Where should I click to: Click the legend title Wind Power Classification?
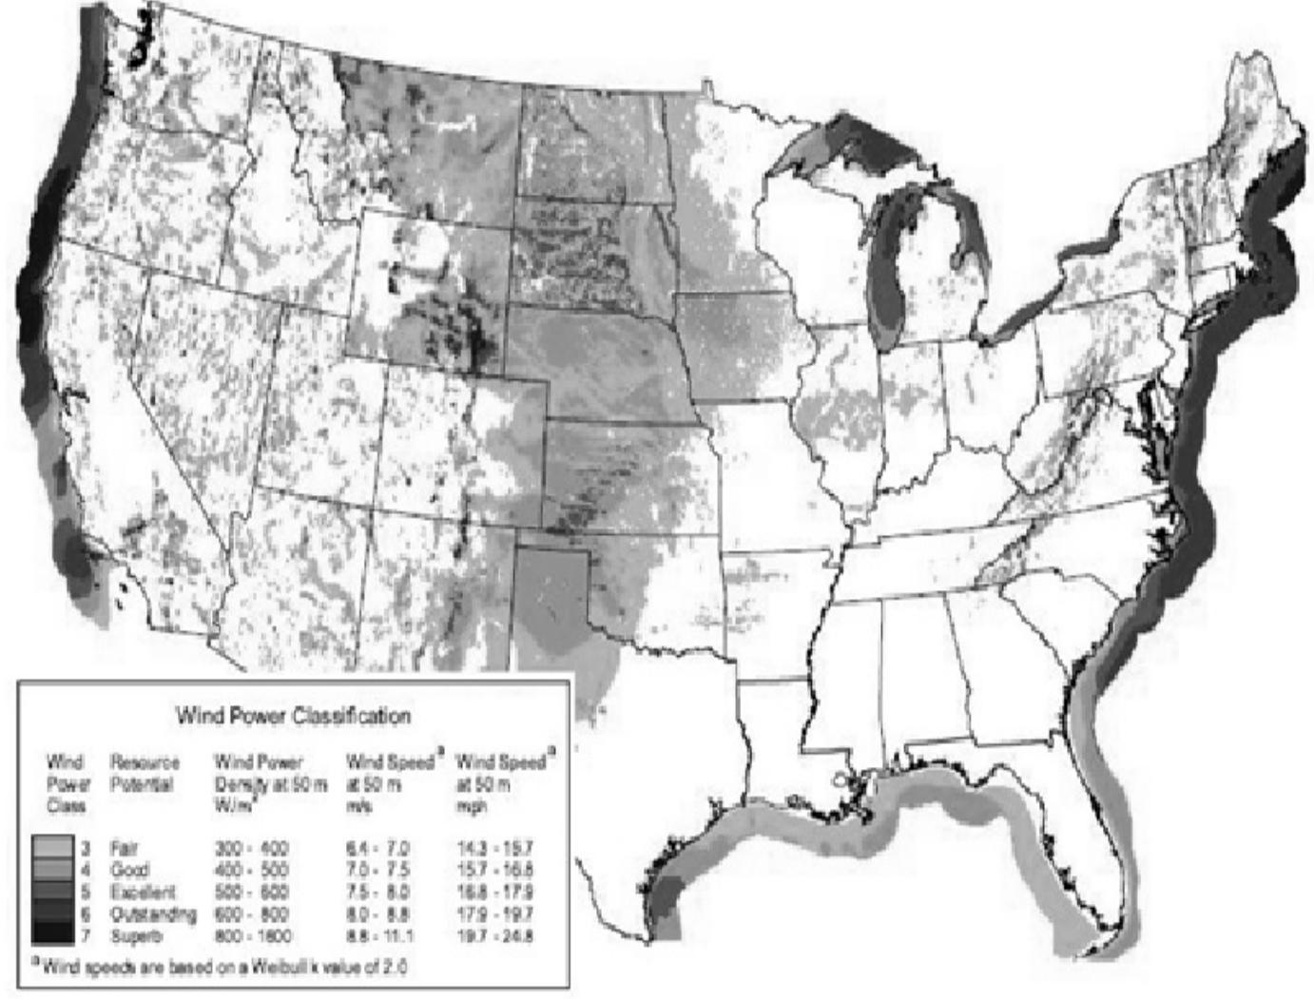(x=293, y=715)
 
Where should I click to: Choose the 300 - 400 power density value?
(x=251, y=847)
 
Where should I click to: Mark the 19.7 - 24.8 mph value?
(x=495, y=936)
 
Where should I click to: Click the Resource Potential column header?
(x=145, y=773)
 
